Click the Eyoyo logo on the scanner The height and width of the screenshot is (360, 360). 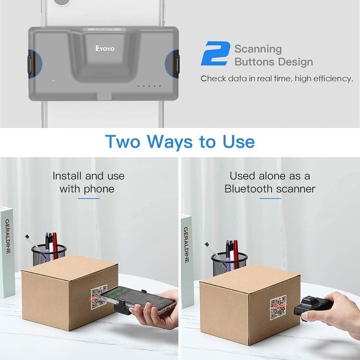pyautogui.click(x=105, y=48)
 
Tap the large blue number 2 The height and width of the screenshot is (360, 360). pyautogui.click(x=215, y=54)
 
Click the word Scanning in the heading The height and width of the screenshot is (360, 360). pyautogui.click(x=258, y=49)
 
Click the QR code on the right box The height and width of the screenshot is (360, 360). pyautogui.click(x=278, y=308)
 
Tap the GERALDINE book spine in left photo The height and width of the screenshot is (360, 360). pyautogui.click(x=7, y=252)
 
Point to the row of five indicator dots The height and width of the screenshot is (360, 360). pyautogui.click(x=149, y=86)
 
